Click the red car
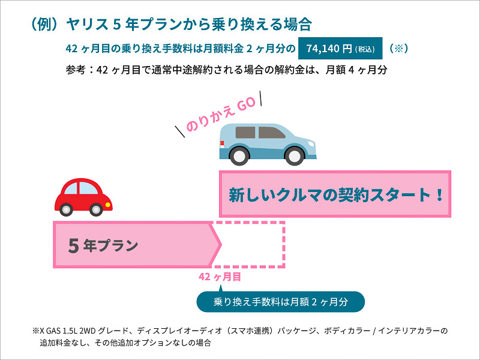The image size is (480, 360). [83, 197]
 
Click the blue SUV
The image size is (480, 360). [268, 144]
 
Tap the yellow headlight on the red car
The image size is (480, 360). [108, 205]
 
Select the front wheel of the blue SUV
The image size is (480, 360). [295, 156]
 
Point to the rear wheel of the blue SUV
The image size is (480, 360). [239, 156]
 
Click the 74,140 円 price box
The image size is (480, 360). [340, 49]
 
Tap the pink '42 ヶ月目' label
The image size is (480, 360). [220, 277]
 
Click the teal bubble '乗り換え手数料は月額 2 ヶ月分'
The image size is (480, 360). [280, 302]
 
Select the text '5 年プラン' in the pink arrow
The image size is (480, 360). [103, 245]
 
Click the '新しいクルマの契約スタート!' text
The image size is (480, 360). [336, 194]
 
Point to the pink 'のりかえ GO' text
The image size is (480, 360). [220, 114]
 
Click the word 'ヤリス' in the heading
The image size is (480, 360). [87, 24]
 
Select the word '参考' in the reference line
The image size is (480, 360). [76, 70]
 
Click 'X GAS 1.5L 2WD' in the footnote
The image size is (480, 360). [68, 331]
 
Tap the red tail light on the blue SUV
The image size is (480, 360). [222, 143]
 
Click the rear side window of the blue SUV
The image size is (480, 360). [245, 132]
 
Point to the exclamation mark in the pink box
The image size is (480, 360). [440, 194]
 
